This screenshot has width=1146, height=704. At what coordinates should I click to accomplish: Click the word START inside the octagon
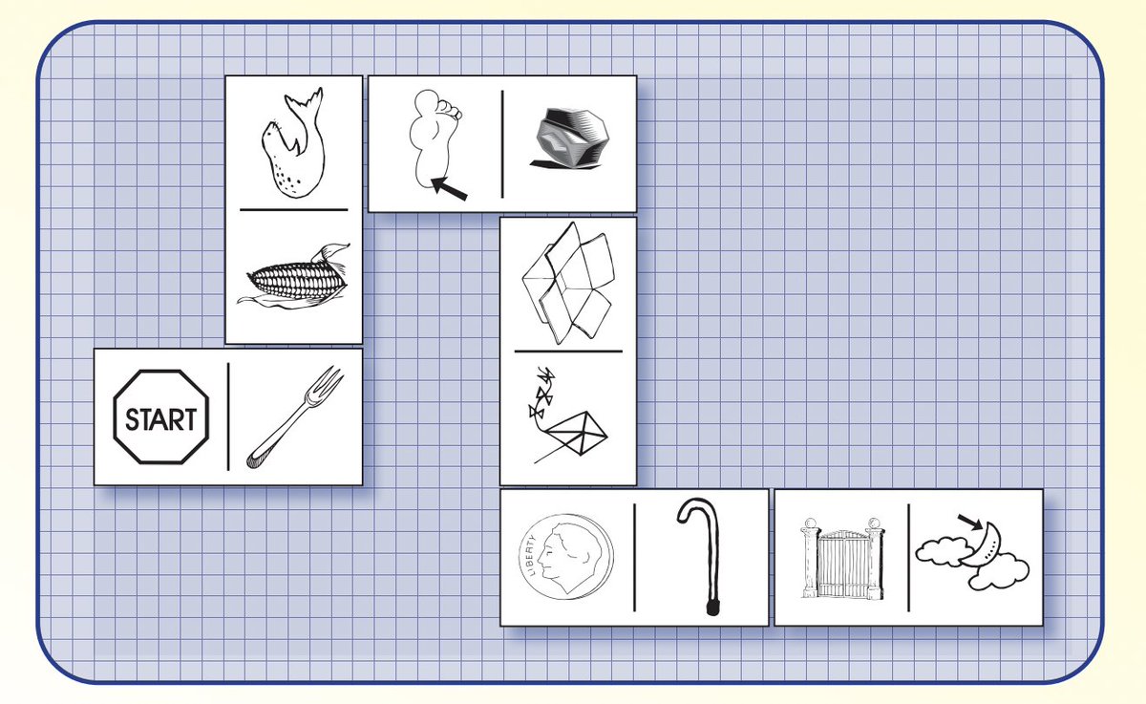click(160, 419)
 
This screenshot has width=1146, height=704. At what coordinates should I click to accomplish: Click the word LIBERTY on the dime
click(528, 554)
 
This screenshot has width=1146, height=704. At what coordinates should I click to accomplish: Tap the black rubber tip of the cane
click(711, 607)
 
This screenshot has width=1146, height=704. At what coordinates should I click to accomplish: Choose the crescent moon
click(984, 549)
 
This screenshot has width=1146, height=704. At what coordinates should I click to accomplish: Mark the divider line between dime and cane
click(635, 558)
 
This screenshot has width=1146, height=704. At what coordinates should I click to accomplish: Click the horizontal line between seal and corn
click(293, 208)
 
